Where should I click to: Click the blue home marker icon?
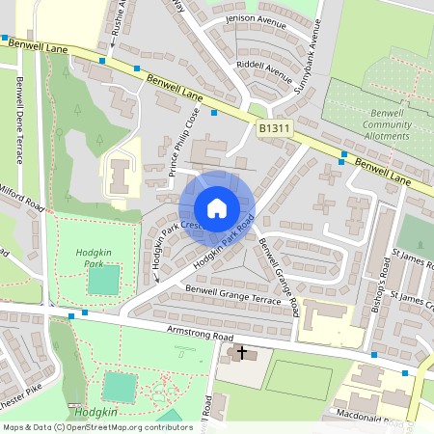pos(216,208)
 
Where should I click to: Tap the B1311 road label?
pos(273,128)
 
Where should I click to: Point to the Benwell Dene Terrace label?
pos(18,121)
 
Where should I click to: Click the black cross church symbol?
pos(241,354)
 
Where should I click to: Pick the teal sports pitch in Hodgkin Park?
pos(103,280)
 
